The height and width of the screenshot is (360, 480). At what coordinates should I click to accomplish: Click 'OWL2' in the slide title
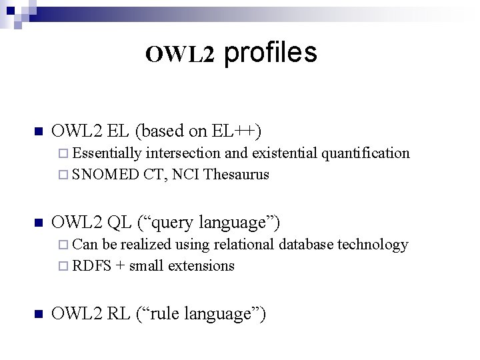[x=180, y=55]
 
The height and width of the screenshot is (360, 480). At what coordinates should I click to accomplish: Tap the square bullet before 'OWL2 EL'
[x=39, y=131]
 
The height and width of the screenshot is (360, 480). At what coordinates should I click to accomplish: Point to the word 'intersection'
[x=184, y=153]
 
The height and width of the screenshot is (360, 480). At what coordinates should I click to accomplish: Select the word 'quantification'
[x=366, y=153]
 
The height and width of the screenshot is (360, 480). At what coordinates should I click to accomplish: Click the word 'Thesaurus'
[x=237, y=175]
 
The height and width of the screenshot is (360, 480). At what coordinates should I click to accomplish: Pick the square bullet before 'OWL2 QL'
[x=39, y=222]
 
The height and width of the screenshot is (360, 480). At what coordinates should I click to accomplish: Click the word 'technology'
[x=373, y=245]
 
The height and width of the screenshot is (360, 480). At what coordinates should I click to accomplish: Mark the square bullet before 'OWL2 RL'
[x=39, y=313]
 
